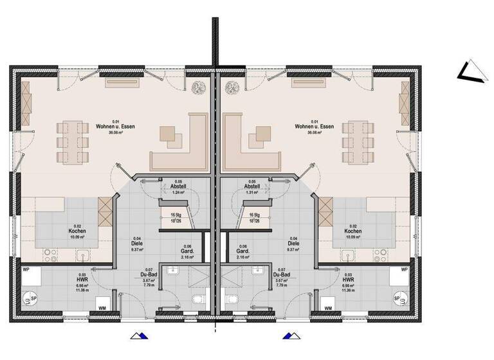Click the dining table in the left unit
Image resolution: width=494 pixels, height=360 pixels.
72,141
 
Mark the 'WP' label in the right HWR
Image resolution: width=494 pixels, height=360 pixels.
403,271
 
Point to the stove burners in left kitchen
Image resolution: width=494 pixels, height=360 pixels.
104,208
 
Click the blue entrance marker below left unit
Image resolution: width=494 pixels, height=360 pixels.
138,335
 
